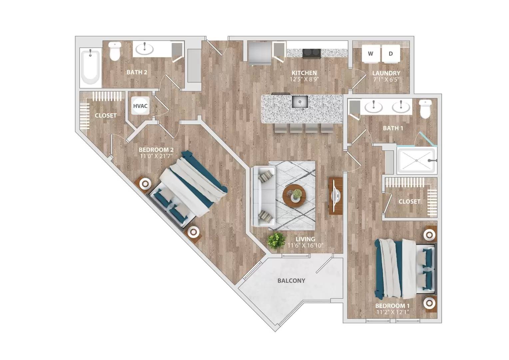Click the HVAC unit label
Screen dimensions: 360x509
pos(140,106)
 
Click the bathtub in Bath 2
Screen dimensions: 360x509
pos(90,67)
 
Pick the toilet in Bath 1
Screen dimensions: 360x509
pos(425,109)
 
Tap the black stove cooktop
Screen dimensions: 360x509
pos(311,53)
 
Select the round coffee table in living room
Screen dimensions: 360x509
pos(294,196)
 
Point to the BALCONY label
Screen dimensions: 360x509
pos(291,281)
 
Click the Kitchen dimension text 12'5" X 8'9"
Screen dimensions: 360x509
pos(304,80)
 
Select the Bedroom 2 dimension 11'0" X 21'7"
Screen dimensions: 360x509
pos(156,156)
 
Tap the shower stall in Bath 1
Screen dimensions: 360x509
pos(416,161)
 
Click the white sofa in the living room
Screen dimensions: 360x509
pos(263,196)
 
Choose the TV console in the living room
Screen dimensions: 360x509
pos(335,196)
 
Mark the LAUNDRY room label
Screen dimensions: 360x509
pos(386,73)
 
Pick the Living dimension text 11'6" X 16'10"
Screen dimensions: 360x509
pos(305,246)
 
